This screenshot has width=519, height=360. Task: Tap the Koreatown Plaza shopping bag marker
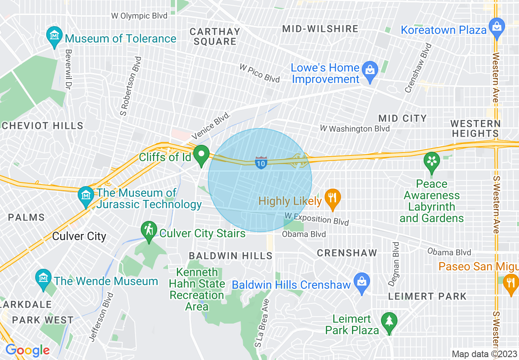(497, 27)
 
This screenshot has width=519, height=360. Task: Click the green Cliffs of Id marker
(201, 155)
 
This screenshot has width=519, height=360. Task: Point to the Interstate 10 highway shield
(261, 162)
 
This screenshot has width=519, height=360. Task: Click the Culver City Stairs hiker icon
(149, 231)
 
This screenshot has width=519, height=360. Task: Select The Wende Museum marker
(43, 278)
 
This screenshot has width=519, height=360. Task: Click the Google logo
(27, 350)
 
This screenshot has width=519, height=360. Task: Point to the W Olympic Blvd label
(139, 16)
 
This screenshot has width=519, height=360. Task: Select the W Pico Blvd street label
(259, 73)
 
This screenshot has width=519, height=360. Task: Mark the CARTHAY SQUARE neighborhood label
(215, 36)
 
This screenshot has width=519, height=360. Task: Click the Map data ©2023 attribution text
(484, 354)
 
